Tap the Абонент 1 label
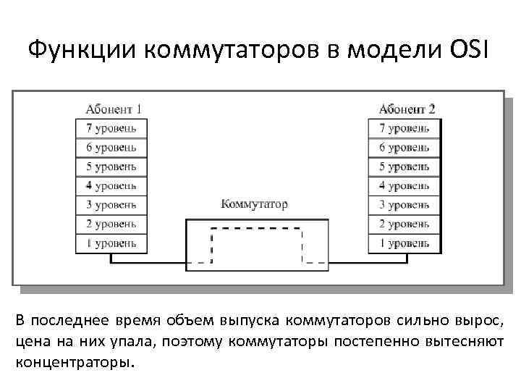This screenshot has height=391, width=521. tap(113, 109)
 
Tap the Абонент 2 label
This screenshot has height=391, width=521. tap(407, 109)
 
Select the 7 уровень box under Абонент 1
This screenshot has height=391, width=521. tap(111, 128)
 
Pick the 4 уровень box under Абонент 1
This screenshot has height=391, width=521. tap(111, 185)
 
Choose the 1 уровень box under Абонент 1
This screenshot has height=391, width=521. tap(111, 243)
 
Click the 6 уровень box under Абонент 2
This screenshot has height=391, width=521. tap(404, 147)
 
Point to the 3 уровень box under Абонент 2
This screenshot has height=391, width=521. tap(404, 204)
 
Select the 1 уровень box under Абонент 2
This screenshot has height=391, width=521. tap(404, 243)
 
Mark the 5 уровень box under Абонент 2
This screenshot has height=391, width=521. tap(404, 167)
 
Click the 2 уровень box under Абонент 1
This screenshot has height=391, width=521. tap(111, 224)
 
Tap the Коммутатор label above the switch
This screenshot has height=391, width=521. tap(253, 203)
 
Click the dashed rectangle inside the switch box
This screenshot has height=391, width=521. tap(256, 229)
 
